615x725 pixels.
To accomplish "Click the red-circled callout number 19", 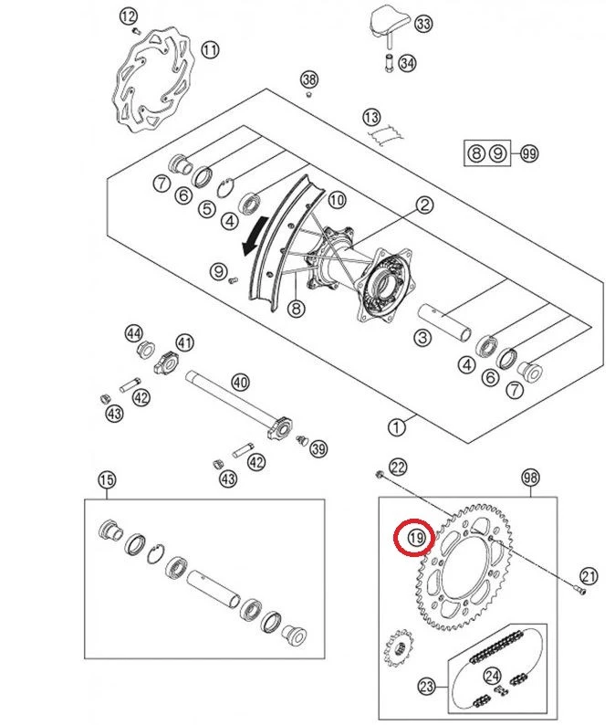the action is [416, 538].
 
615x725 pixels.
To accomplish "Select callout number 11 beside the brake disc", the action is [210, 49].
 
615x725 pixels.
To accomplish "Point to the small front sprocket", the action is [399, 647].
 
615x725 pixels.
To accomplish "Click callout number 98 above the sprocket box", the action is [530, 477].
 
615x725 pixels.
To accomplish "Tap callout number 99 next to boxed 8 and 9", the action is [529, 153].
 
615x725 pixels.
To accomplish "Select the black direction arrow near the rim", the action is [255, 236].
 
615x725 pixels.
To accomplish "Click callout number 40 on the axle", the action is [240, 382].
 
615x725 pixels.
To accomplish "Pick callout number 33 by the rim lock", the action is [423, 23].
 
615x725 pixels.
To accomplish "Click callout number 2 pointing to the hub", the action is [424, 205].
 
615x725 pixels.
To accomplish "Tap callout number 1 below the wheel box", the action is [396, 426].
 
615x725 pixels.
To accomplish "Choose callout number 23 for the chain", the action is [426, 686].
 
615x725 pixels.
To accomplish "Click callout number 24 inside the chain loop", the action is [493, 676].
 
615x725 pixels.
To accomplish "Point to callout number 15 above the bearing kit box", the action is [106, 479].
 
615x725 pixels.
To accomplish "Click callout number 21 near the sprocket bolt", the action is [589, 576].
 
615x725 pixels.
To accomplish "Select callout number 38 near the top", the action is [309, 79].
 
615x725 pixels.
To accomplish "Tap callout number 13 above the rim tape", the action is [371, 118].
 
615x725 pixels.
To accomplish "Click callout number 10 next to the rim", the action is [337, 200].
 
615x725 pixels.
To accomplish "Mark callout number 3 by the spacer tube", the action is [422, 337].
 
